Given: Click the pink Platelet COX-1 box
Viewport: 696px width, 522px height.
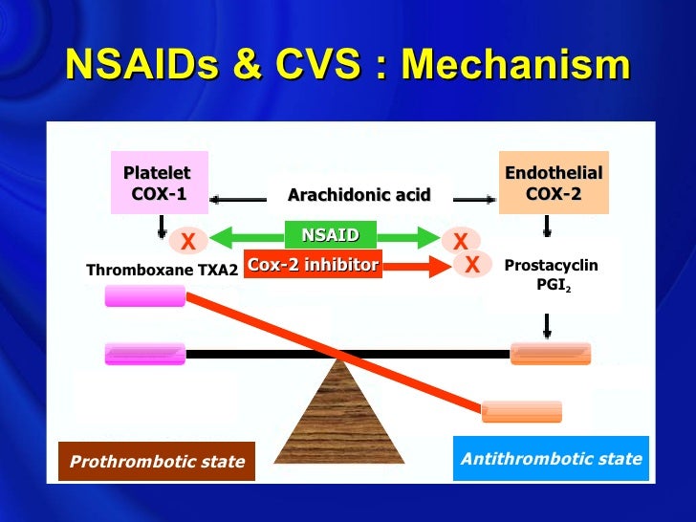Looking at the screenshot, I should (160, 184).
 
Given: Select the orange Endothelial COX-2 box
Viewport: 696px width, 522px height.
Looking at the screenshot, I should (554, 184).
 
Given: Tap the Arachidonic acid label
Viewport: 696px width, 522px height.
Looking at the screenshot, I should (359, 196).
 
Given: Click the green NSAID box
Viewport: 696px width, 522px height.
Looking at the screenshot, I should (330, 235).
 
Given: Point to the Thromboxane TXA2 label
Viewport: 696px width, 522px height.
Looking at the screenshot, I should (163, 271).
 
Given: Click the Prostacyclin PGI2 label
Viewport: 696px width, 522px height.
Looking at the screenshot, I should (550, 274).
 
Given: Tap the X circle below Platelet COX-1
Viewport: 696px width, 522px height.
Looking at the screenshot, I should (187, 240).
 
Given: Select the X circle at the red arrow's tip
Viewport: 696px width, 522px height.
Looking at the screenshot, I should (471, 265).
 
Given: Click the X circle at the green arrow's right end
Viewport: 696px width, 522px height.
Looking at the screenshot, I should (461, 240).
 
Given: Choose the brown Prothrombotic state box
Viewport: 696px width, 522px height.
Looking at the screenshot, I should (157, 462).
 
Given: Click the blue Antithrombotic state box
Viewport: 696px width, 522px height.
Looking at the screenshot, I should (551, 459).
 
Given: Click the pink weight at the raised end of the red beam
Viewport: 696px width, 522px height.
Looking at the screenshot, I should (145, 297).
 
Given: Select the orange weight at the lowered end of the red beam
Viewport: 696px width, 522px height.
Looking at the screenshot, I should (521, 411).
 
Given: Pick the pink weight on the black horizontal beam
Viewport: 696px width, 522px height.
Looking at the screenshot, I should (145, 354).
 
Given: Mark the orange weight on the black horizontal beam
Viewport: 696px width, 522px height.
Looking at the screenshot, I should (551, 354).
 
